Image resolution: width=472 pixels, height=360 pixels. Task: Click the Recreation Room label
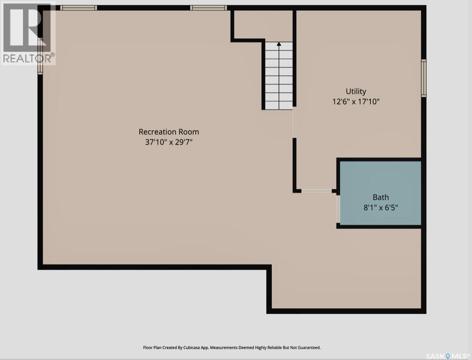click(169, 132)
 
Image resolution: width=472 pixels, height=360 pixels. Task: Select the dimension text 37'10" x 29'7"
click(169, 142)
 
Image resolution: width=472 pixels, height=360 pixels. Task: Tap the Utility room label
click(356, 91)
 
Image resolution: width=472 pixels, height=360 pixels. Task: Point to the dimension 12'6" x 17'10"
click(356, 102)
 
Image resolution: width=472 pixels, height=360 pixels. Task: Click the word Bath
click(380, 197)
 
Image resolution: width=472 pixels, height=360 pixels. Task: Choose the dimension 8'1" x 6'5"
click(380, 208)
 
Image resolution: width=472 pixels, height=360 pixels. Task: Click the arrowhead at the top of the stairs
click(279, 44)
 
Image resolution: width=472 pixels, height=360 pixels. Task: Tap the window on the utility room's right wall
click(424, 78)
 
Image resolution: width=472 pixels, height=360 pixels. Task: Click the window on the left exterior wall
click(40, 56)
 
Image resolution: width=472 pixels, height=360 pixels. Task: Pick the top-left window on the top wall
click(78, 8)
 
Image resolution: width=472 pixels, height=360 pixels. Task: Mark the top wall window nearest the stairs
click(208, 8)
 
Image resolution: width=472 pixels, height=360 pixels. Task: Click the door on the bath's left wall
click(338, 209)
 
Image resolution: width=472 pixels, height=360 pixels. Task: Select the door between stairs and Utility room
click(294, 122)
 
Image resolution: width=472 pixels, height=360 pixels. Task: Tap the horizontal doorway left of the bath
click(316, 191)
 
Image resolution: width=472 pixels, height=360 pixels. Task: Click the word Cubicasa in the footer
click(201, 348)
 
